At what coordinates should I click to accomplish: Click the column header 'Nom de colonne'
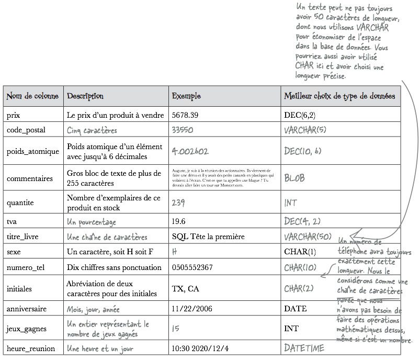[x=31, y=96]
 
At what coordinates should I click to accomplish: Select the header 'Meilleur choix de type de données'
[x=339, y=96]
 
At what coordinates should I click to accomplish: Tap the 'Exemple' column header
[x=186, y=96]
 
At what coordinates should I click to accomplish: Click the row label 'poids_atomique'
[x=33, y=151]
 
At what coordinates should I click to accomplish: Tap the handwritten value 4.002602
[x=190, y=151]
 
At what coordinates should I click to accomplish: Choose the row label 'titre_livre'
[x=22, y=237]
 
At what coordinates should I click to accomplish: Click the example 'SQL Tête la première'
[x=208, y=237]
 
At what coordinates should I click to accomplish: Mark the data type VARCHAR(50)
[x=308, y=237]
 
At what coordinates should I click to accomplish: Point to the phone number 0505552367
[x=192, y=267]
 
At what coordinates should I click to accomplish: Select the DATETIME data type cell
[x=304, y=348]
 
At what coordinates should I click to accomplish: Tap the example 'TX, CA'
[x=185, y=288]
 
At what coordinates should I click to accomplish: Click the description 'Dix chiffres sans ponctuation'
[x=114, y=267]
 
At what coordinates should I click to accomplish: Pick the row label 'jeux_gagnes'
[x=27, y=329]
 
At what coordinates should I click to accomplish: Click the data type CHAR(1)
[x=300, y=252]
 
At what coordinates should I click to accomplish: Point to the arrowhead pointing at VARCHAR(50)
[x=351, y=235]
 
